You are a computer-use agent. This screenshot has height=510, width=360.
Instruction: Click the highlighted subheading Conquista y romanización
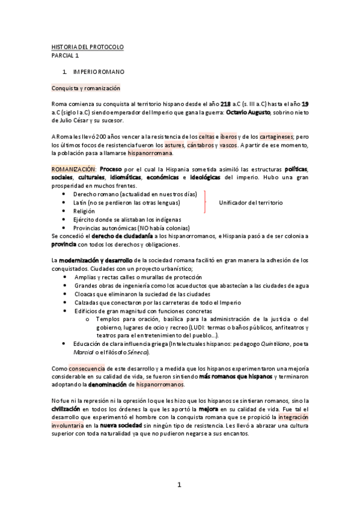(x=86, y=88)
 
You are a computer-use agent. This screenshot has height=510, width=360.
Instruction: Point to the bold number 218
(x=226, y=104)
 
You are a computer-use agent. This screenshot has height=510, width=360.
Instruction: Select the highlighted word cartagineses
(x=276, y=137)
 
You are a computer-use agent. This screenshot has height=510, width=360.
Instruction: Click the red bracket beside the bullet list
(x=206, y=203)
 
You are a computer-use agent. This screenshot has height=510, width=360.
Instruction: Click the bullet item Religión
(x=84, y=212)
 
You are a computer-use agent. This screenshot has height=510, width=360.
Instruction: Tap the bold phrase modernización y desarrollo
(x=95, y=260)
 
